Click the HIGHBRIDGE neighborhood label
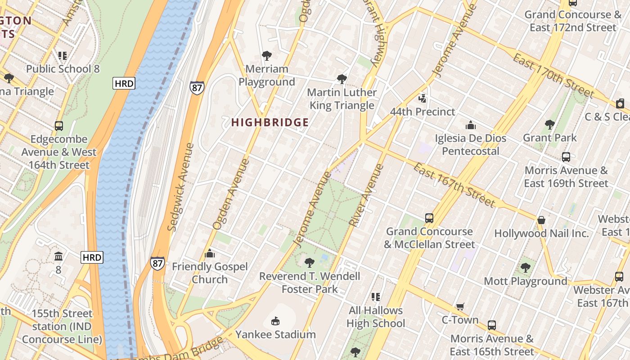tap(270, 122)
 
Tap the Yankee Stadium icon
tap(275, 321)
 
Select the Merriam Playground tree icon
tap(266, 56)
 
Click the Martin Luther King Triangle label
tap(342, 99)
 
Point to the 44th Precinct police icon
tap(422, 98)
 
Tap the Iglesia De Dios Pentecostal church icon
tap(470, 125)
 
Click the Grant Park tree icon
tap(549, 124)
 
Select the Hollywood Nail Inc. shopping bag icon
tap(541, 220)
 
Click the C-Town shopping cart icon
tap(460, 306)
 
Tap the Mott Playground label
tap(525, 281)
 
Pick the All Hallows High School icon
tap(376, 297)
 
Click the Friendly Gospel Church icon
tap(209, 253)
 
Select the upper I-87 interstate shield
tap(197, 88)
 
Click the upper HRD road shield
tap(124, 83)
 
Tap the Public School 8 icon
tap(62, 55)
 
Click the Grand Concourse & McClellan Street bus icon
tap(429, 218)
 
